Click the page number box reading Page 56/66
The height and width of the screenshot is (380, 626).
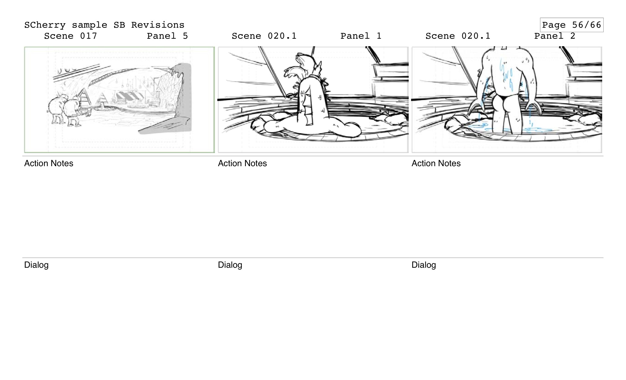click(571, 25)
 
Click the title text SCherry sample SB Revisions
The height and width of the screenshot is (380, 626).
click(104, 25)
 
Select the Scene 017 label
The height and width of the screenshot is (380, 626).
click(71, 36)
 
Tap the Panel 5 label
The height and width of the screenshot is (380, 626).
click(167, 36)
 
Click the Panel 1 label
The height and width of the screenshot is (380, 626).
click(361, 36)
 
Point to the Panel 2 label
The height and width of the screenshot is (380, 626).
click(555, 36)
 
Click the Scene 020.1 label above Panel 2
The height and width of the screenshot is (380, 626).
click(458, 36)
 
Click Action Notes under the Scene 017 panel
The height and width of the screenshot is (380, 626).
click(49, 163)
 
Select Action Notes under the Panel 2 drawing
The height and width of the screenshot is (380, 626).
click(436, 163)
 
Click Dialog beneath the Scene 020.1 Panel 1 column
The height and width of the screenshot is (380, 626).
click(230, 265)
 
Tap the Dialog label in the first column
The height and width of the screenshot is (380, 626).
click(36, 265)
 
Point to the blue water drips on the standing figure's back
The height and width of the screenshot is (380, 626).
click(506, 74)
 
